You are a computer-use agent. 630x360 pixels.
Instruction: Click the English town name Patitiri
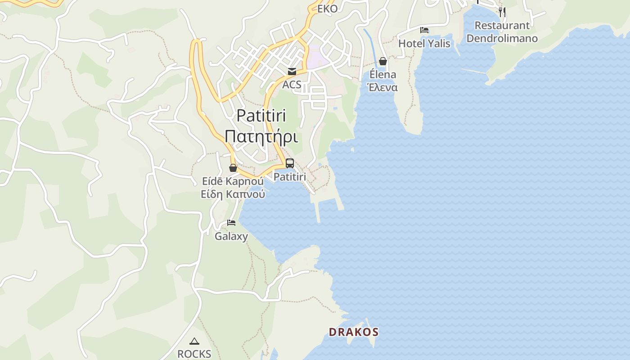261,116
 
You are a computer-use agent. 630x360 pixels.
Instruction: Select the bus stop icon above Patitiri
290,163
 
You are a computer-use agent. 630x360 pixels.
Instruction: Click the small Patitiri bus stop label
290,177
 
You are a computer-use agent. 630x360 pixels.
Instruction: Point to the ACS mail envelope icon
292,72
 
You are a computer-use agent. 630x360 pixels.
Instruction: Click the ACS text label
292,85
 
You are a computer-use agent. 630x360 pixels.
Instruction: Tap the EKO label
327,9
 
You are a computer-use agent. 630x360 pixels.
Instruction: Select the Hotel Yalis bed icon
424,31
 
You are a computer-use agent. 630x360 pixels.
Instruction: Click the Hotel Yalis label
424,44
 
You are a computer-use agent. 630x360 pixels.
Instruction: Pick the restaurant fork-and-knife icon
502,12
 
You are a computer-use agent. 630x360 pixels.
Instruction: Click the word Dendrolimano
502,38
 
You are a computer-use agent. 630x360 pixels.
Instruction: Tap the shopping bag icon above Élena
383,61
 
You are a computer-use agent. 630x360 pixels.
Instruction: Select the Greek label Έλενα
383,87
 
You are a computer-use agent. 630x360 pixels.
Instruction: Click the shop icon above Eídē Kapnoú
233,168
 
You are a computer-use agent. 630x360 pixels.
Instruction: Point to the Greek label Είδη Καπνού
233,194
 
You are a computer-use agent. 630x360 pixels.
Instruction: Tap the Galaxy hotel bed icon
231,223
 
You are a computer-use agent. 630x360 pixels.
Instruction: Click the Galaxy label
231,236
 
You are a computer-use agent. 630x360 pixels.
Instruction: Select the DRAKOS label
354,333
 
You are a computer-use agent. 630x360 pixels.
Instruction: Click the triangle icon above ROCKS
194,341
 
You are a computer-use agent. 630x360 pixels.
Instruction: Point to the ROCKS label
194,354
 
